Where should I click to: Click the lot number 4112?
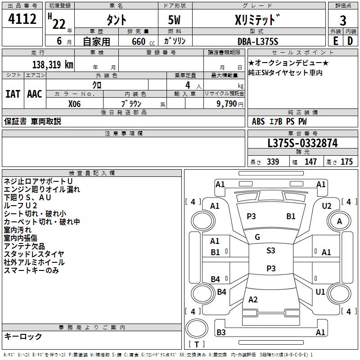point(22,19)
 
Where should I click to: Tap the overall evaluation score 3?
point(343,20)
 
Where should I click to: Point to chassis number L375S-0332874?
point(302,143)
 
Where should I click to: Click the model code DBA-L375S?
point(258,41)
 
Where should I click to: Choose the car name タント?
point(116,20)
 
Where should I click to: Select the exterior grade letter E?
point(335,41)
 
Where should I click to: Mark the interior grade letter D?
point(350,41)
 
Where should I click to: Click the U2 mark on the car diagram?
point(327,206)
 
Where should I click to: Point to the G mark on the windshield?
point(257,237)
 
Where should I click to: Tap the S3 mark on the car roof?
point(270,251)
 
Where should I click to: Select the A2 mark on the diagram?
point(253,300)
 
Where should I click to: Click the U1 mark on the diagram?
point(320,292)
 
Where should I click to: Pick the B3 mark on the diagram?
point(221,333)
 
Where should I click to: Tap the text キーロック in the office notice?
point(23,336)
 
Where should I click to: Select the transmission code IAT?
point(13,94)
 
